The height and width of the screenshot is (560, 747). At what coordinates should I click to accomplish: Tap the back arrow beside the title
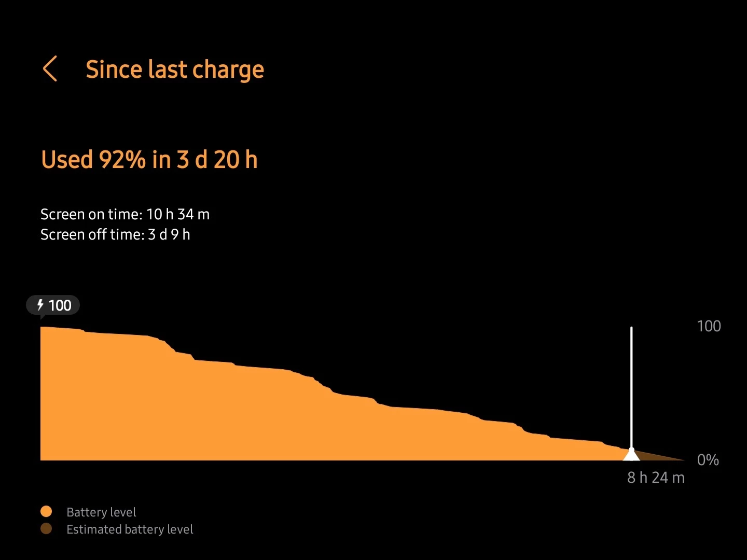point(50,69)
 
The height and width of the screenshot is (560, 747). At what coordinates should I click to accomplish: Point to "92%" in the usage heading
point(122,160)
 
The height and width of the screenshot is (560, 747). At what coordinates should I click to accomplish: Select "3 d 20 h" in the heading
point(217,160)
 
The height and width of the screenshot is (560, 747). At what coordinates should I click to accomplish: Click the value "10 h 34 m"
point(178,214)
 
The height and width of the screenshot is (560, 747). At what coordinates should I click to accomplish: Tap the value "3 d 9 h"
point(169,235)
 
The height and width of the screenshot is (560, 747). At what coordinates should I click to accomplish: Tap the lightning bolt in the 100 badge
point(40,305)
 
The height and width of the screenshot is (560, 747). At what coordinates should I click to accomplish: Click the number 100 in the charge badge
point(60,305)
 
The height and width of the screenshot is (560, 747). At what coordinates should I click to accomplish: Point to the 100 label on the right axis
point(709,326)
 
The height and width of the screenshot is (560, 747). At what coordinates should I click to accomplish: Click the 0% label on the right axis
point(708,460)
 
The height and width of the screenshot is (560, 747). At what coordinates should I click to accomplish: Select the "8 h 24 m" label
point(656,478)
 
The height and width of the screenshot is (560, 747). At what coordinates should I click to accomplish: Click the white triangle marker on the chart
point(631,455)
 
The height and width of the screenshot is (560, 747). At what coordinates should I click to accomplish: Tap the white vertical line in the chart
point(631,384)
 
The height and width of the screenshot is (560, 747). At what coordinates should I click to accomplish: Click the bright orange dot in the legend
point(46,512)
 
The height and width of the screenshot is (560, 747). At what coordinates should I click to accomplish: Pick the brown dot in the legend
point(46,529)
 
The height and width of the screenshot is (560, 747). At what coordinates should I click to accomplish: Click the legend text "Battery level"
point(101,512)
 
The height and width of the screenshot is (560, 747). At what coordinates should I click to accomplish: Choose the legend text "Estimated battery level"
point(130,529)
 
